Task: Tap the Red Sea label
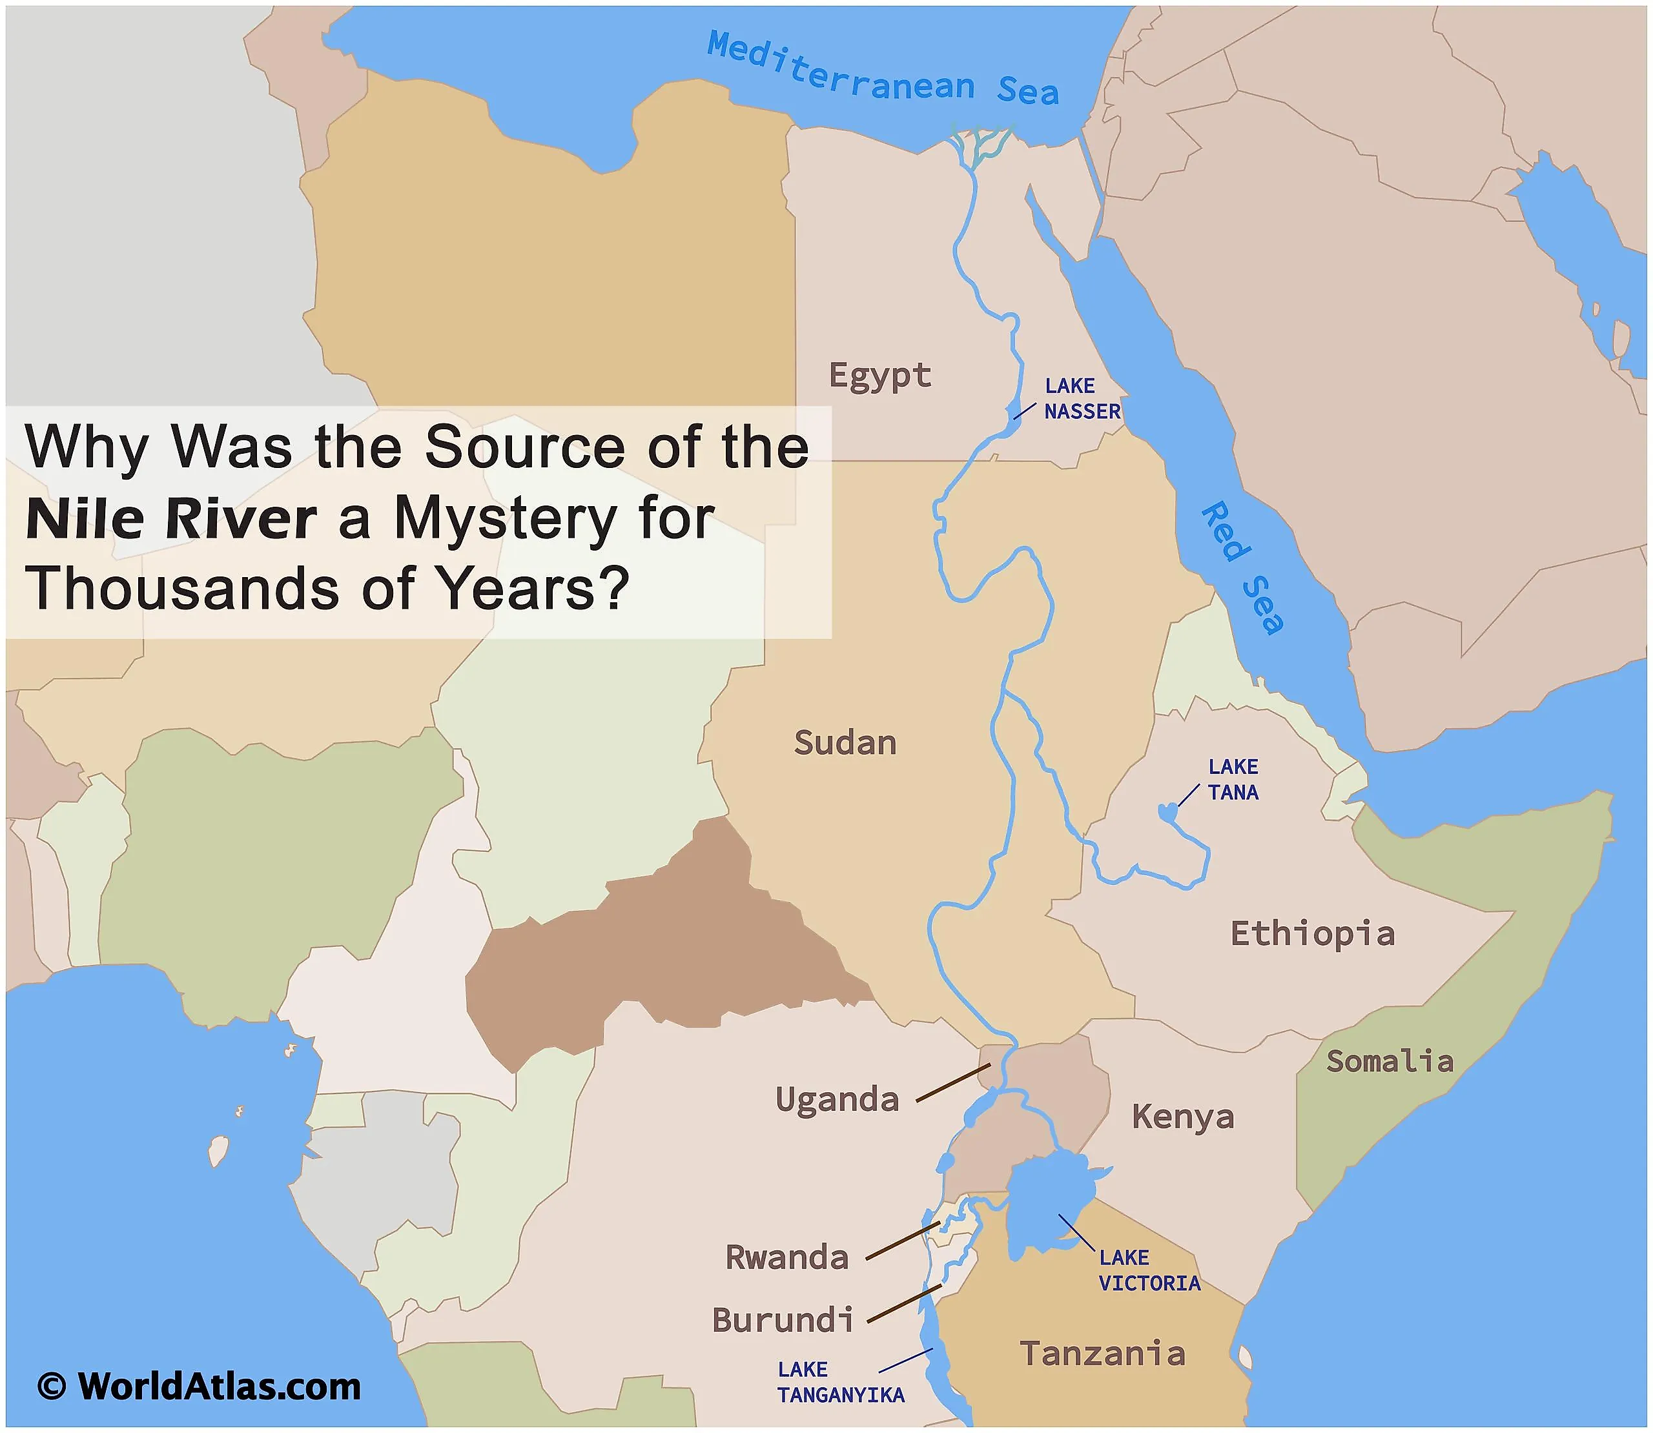[1242, 568]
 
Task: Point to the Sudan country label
[845, 743]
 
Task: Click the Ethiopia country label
[1312, 934]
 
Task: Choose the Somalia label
[1390, 1061]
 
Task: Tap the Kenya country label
[1183, 1116]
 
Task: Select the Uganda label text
[837, 1099]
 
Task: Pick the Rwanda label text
[787, 1257]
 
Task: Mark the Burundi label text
[783, 1320]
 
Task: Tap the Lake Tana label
[1233, 780]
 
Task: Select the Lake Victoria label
[1149, 1271]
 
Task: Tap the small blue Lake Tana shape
[1167, 813]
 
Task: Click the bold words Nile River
[171, 520]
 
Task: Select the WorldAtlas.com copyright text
[200, 1387]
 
